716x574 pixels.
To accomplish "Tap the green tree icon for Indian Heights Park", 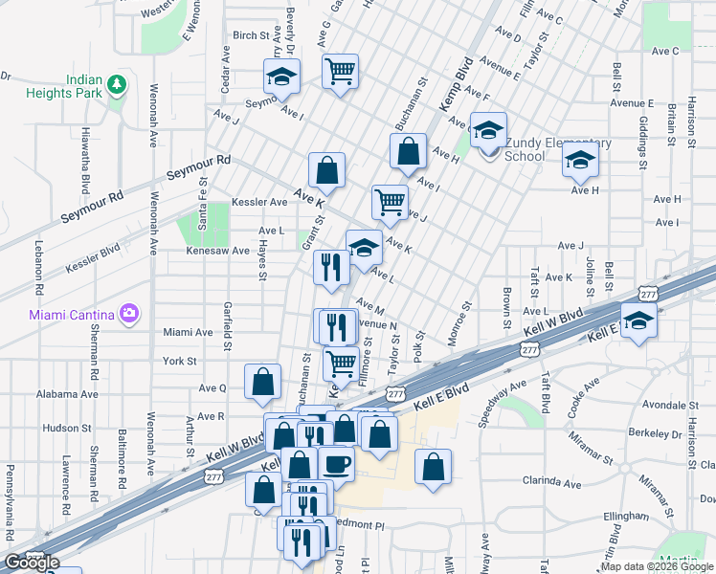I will click(x=117, y=85).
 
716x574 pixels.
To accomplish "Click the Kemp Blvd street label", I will click(x=457, y=82).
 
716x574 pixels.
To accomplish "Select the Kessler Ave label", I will click(x=265, y=203).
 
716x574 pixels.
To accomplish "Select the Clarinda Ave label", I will click(x=551, y=483).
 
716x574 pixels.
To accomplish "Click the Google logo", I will click(x=32, y=563).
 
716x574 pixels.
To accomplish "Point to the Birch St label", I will click(x=252, y=35).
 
